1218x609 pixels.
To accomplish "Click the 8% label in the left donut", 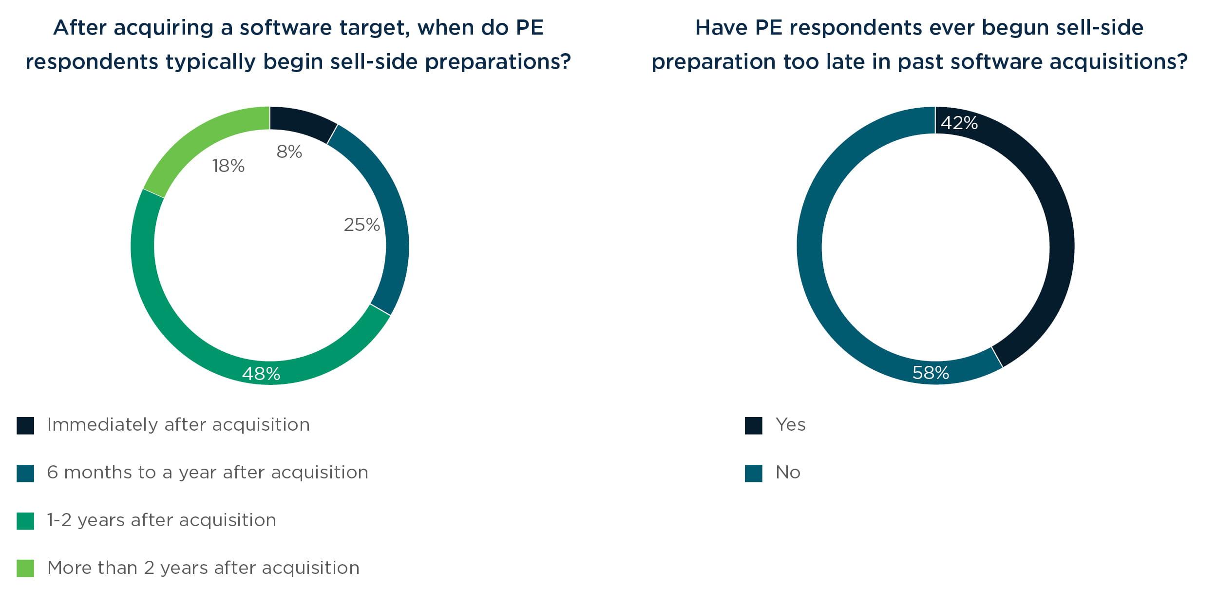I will click(289, 152).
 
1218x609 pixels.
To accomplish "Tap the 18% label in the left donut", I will click(228, 166).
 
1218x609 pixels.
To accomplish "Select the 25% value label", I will click(362, 225).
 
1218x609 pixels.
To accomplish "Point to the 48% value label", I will click(261, 374).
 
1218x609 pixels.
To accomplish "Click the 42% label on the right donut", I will click(959, 123).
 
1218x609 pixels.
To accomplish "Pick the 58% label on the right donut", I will click(931, 373).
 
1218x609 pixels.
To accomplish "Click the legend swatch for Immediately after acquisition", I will click(25, 425).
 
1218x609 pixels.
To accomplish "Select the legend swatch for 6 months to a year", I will click(25, 473).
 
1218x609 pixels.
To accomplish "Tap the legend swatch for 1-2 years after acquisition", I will click(25, 521).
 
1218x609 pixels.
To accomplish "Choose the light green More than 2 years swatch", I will click(25, 568).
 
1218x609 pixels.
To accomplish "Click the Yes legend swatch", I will click(753, 425).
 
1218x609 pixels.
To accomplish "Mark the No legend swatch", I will click(753, 473).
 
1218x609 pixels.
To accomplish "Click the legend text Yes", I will click(790, 425).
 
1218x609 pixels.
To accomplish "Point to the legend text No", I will click(788, 473).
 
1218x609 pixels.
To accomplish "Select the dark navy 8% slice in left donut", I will click(302, 122).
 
